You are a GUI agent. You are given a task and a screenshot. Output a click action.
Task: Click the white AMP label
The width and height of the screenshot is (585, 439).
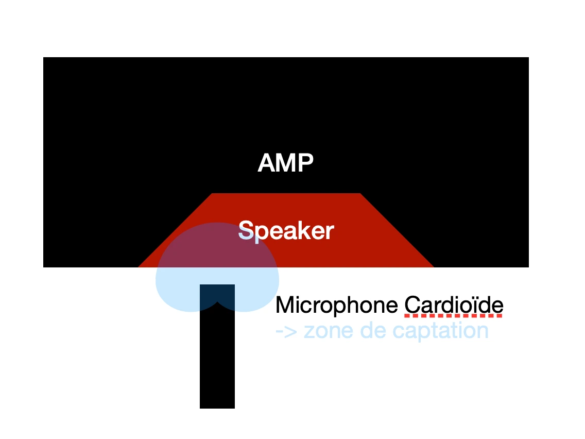click(x=285, y=163)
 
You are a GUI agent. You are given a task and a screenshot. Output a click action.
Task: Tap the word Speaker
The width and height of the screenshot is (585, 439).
click(x=286, y=231)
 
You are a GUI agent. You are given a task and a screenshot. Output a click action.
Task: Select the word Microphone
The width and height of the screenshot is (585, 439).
click(x=336, y=305)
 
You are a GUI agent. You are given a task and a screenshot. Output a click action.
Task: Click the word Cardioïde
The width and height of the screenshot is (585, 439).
click(x=453, y=305)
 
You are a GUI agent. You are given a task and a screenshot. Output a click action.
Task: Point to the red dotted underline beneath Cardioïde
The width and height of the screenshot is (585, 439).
click(x=453, y=315)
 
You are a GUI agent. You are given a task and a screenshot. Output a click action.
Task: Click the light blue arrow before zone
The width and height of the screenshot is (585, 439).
click(x=286, y=331)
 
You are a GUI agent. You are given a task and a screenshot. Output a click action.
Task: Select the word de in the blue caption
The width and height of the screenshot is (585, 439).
click(x=378, y=331)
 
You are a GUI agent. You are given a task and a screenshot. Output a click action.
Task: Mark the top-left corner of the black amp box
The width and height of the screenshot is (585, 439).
click(x=44, y=58)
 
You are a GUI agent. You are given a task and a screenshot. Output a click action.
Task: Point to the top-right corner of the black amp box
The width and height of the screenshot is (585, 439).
click(x=528, y=58)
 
